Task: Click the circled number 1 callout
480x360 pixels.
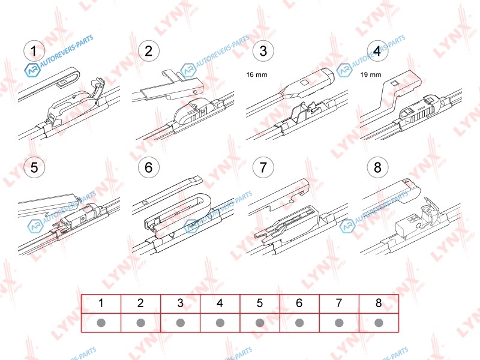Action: (34, 51)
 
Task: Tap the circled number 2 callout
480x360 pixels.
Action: (148, 51)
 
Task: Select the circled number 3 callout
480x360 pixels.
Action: (263, 51)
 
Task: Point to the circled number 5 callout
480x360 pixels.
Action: (34, 167)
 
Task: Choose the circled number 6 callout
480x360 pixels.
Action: (148, 167)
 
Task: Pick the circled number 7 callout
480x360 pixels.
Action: (263, 167)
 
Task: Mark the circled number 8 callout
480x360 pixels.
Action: (377, 167)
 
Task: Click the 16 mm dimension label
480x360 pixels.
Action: (257, 74)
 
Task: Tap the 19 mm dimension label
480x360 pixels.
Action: (371, 74)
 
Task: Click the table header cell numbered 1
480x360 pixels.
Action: (101, 304)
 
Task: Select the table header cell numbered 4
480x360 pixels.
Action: (220, 304)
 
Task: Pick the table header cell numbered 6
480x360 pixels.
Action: (299, 304)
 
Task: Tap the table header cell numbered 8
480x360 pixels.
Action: (379, 304)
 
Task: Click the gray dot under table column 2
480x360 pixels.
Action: (141, 323)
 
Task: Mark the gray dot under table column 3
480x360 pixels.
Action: (181, 323)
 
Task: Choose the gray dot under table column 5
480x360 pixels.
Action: (260, 323)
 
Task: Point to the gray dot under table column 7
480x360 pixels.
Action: (339, 323)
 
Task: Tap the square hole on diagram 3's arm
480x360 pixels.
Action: (305, 83)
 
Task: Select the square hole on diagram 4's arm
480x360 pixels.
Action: (395, 82)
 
